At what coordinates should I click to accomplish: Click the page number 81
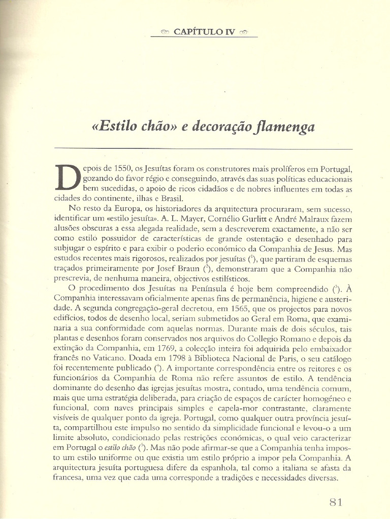coord(336,502)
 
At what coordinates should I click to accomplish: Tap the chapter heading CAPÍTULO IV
coord(204,31)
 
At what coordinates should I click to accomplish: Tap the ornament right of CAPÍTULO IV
coord(243,31)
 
